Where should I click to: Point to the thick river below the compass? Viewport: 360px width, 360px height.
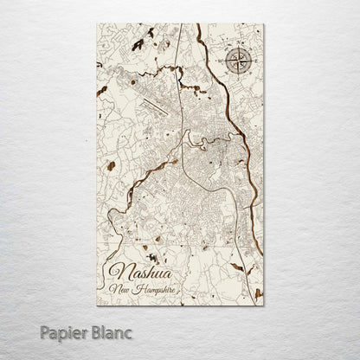241,121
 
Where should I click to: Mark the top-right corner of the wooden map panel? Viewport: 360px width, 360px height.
263,24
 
